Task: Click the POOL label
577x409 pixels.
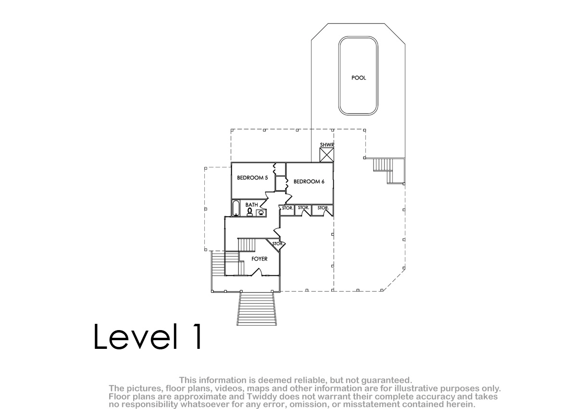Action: tap(359, 78)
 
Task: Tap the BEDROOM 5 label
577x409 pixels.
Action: tap(252, 178)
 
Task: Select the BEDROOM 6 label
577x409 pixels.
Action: tap(309, 182)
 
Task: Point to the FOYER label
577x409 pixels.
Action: tap(259, 259)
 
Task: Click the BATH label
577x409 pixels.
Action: tap(251, 205)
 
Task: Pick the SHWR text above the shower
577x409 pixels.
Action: tap(327, 145)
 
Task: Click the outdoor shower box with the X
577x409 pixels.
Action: tap(326, 155)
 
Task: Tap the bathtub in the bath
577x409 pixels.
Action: tap(236, 208)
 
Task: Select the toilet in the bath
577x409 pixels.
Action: tap(250, 212)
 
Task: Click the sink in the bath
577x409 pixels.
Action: tap(261, 213)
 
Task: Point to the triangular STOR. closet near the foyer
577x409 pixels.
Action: tap(276, 244)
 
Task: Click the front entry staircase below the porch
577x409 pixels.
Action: tap(257, 308)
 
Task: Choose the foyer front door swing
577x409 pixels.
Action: tap(257, 272)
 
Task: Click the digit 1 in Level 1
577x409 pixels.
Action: tap(198, 336)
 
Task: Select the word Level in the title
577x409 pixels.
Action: tap(136, 336)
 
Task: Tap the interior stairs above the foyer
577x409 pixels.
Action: tap(246, 245)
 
